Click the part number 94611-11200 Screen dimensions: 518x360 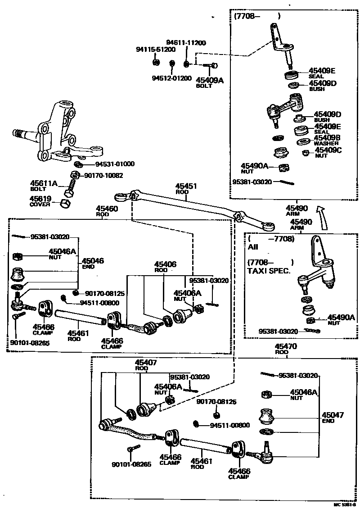point(186,43)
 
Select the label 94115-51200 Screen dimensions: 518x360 point(156,49)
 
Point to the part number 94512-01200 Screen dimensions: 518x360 point(171,77)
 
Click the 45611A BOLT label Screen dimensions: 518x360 point(44,186)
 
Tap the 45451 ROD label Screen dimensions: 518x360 point(186,188)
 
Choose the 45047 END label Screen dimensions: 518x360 point(333,417)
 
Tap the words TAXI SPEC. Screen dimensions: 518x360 point(269,271)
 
